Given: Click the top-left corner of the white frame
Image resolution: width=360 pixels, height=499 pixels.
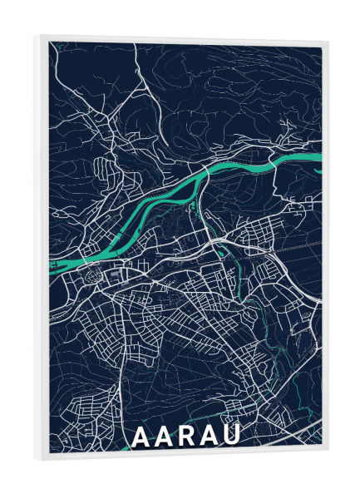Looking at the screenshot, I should (x=38, y=35).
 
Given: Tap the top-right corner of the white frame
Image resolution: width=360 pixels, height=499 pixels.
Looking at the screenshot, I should (x=328, y=42).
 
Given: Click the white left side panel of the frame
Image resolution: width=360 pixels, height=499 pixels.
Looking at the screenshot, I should (x=43, y=249).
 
